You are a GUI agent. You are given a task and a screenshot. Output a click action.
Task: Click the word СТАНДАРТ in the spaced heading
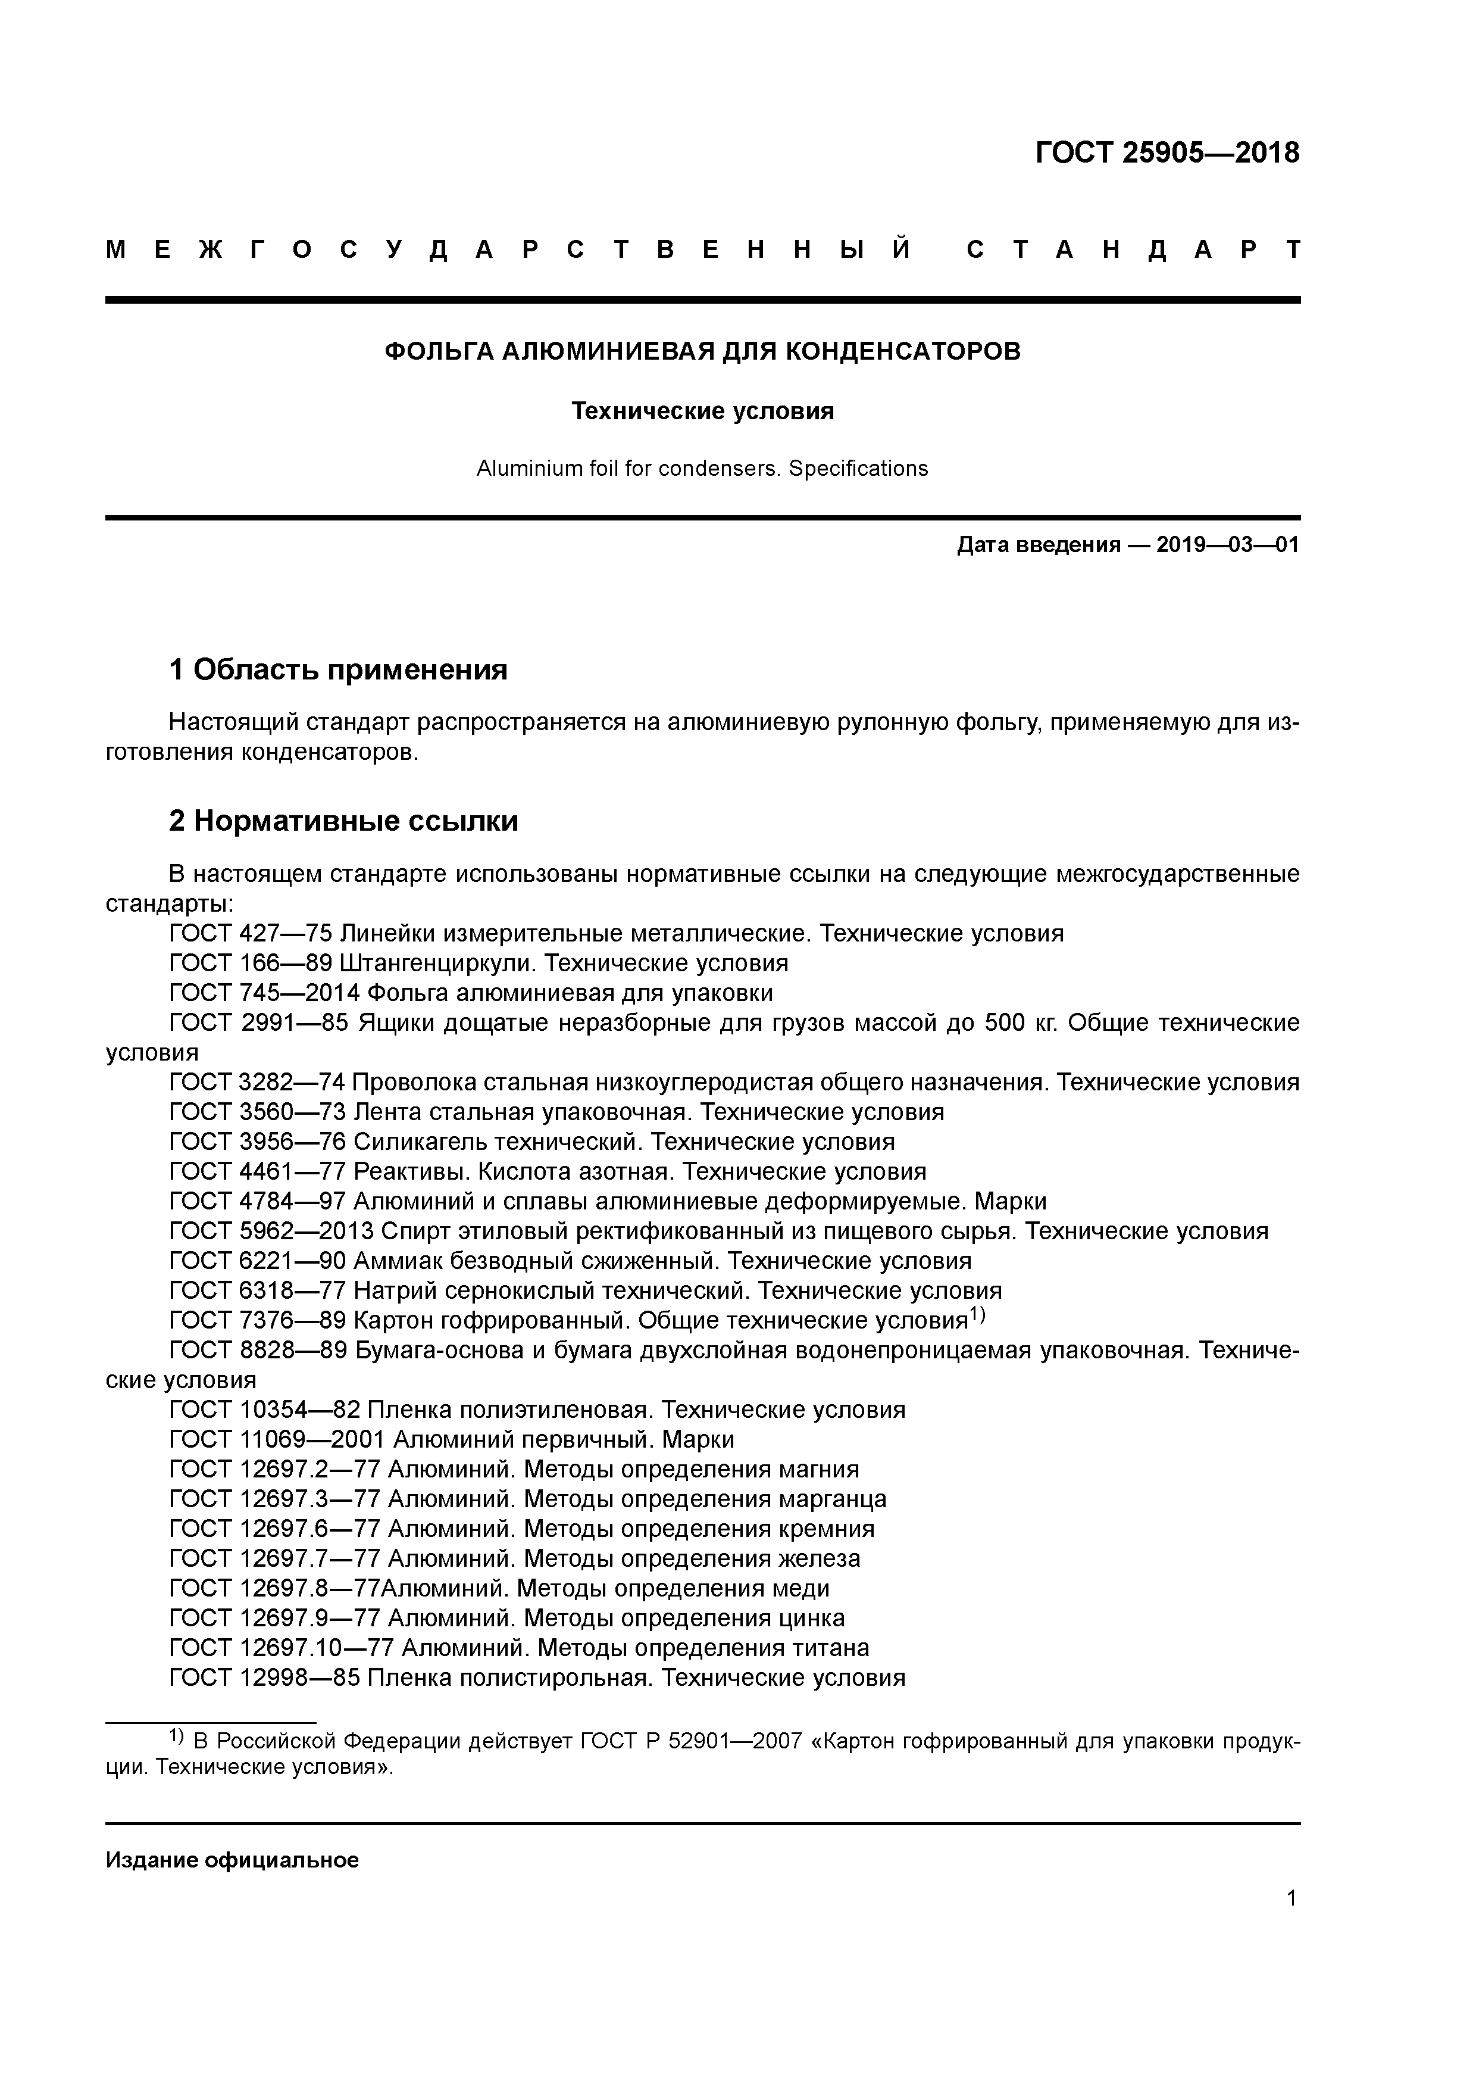[x=1133, y=250]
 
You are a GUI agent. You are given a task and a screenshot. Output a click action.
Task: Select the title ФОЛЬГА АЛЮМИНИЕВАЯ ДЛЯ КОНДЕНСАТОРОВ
[x=702, y=351]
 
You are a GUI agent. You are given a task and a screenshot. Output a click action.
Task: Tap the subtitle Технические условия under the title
[x=702, y=411]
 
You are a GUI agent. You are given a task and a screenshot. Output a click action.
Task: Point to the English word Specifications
[x=858, y=469]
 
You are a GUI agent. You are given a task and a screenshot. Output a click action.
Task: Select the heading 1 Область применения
[x=338, y=670]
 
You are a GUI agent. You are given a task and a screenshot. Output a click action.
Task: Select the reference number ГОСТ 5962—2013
[x=272, y=1231]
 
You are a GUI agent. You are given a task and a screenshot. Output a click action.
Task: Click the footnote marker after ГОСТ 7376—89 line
[x=977, y=1315]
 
